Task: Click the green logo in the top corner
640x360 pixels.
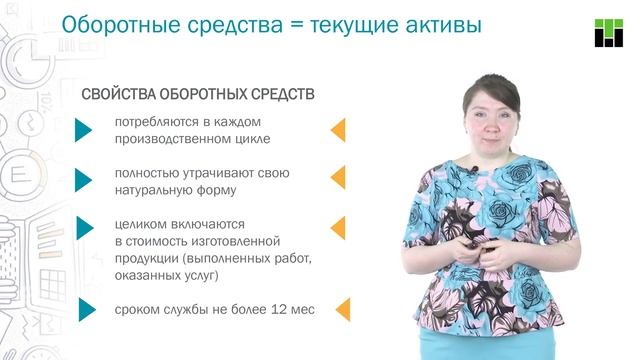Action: click(x=609, y=32)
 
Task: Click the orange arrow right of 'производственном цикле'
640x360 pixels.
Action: click(x=338, y=131)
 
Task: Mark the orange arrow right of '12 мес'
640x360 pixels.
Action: click(x=340, y=309)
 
